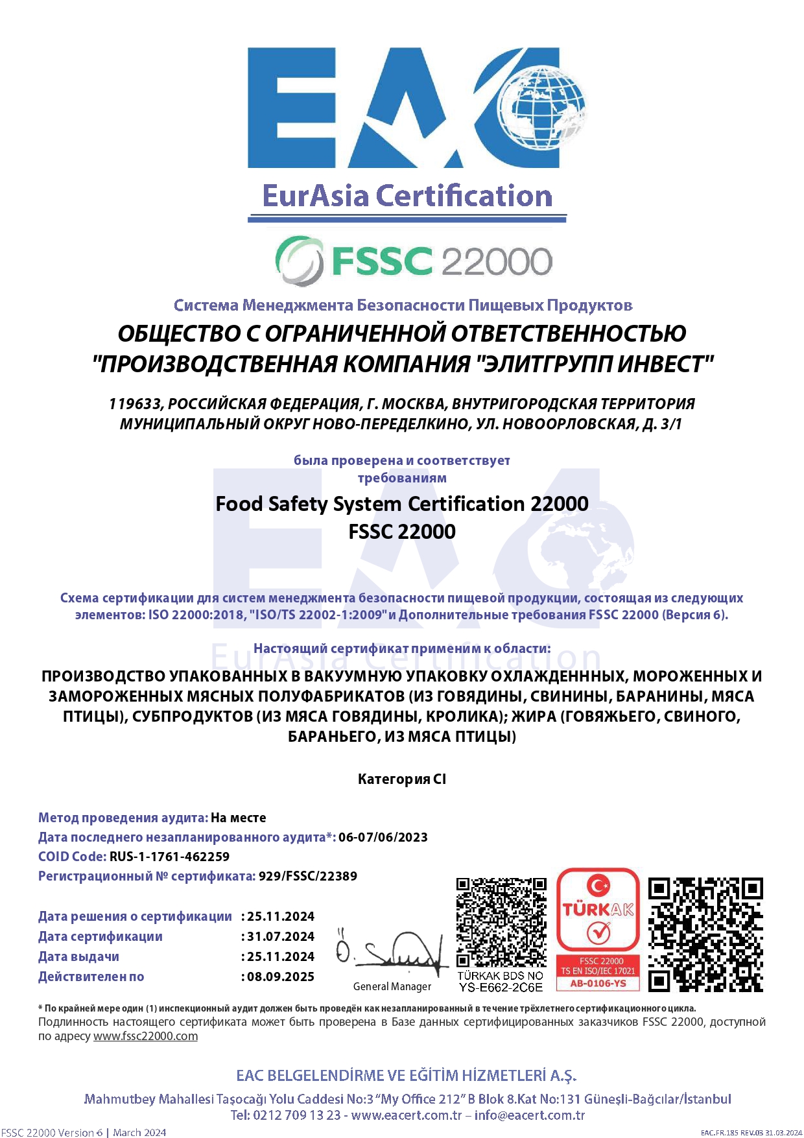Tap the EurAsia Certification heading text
(407, 196)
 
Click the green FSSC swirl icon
(299, 261)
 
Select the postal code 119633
(134, 404)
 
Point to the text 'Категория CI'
(402, 779)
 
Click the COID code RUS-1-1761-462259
(169, 857)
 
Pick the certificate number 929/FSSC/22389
(308, 876)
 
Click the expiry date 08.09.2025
(281, 977)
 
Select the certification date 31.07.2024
(281, 936)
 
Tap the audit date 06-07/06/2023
(383, 837)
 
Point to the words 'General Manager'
(392, 986)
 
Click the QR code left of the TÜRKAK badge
(501, 922)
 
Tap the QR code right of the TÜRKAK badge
(705, 934)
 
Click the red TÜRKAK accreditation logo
(598, 908)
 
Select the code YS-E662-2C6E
(501, 988)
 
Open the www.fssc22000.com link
(145, 1036)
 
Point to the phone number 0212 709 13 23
(297, 1115)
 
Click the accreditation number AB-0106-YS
(598, 984)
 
